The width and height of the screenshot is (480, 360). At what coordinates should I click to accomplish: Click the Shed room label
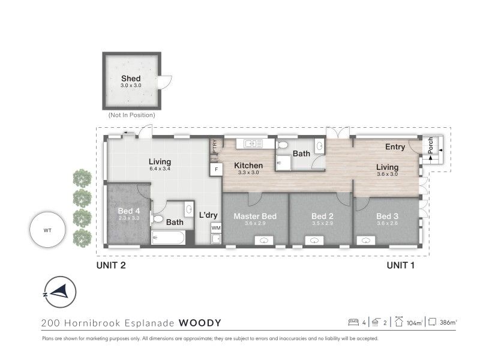131,79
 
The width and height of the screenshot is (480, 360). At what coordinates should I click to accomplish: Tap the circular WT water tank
47,230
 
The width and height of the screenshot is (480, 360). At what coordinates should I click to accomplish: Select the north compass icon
60,292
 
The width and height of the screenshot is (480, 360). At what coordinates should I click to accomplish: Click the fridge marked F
216,169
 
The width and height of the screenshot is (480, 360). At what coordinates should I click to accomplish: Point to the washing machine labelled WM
216,228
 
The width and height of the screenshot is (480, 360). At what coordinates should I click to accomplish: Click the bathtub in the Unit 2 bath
169,238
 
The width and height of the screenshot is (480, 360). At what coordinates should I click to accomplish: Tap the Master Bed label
255,216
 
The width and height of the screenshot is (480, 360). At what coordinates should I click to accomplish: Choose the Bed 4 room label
129,211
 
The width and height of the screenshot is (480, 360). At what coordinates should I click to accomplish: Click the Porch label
430,145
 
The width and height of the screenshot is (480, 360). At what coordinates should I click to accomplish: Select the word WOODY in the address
200,323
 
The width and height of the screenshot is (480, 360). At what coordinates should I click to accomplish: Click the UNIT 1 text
401,265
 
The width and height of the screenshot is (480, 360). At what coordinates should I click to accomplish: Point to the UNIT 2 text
111,265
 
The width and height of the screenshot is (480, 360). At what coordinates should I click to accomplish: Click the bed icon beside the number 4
353,322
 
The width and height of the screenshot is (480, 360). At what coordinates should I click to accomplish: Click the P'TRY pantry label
215,146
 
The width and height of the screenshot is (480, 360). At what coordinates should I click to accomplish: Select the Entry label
395,147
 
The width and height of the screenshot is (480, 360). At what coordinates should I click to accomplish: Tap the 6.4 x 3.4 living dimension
160,169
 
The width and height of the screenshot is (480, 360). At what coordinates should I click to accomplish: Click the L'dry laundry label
208,215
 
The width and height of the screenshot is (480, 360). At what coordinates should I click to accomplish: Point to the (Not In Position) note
131,115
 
